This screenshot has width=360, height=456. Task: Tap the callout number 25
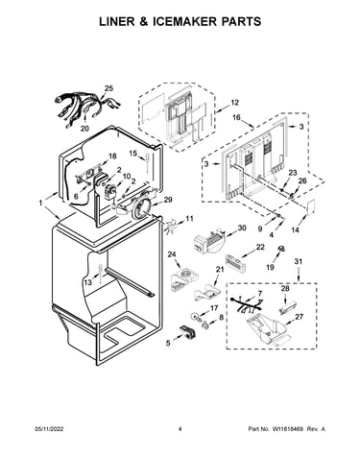(108, 88)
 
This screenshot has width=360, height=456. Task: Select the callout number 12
(234, 103)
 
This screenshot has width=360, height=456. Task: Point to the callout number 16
(236, 117)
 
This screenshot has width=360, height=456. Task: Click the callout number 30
(242, 228)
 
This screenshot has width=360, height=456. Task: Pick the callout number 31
(298, 261)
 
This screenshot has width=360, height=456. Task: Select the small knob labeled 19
(281, 249)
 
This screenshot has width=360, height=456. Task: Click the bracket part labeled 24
(184, 280)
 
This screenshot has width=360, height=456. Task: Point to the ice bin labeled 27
(268, 329)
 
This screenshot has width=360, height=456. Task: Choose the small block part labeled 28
(285, 307)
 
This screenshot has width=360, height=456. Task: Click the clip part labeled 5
(188, 332)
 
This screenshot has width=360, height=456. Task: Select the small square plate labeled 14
(309, 206)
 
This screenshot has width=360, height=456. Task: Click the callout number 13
(88, 282)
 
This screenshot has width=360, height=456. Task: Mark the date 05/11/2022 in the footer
(49, 429)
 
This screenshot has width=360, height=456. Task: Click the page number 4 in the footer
(180, 429)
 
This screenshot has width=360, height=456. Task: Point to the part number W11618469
(288, 429)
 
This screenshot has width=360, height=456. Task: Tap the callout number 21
(220, 269)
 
